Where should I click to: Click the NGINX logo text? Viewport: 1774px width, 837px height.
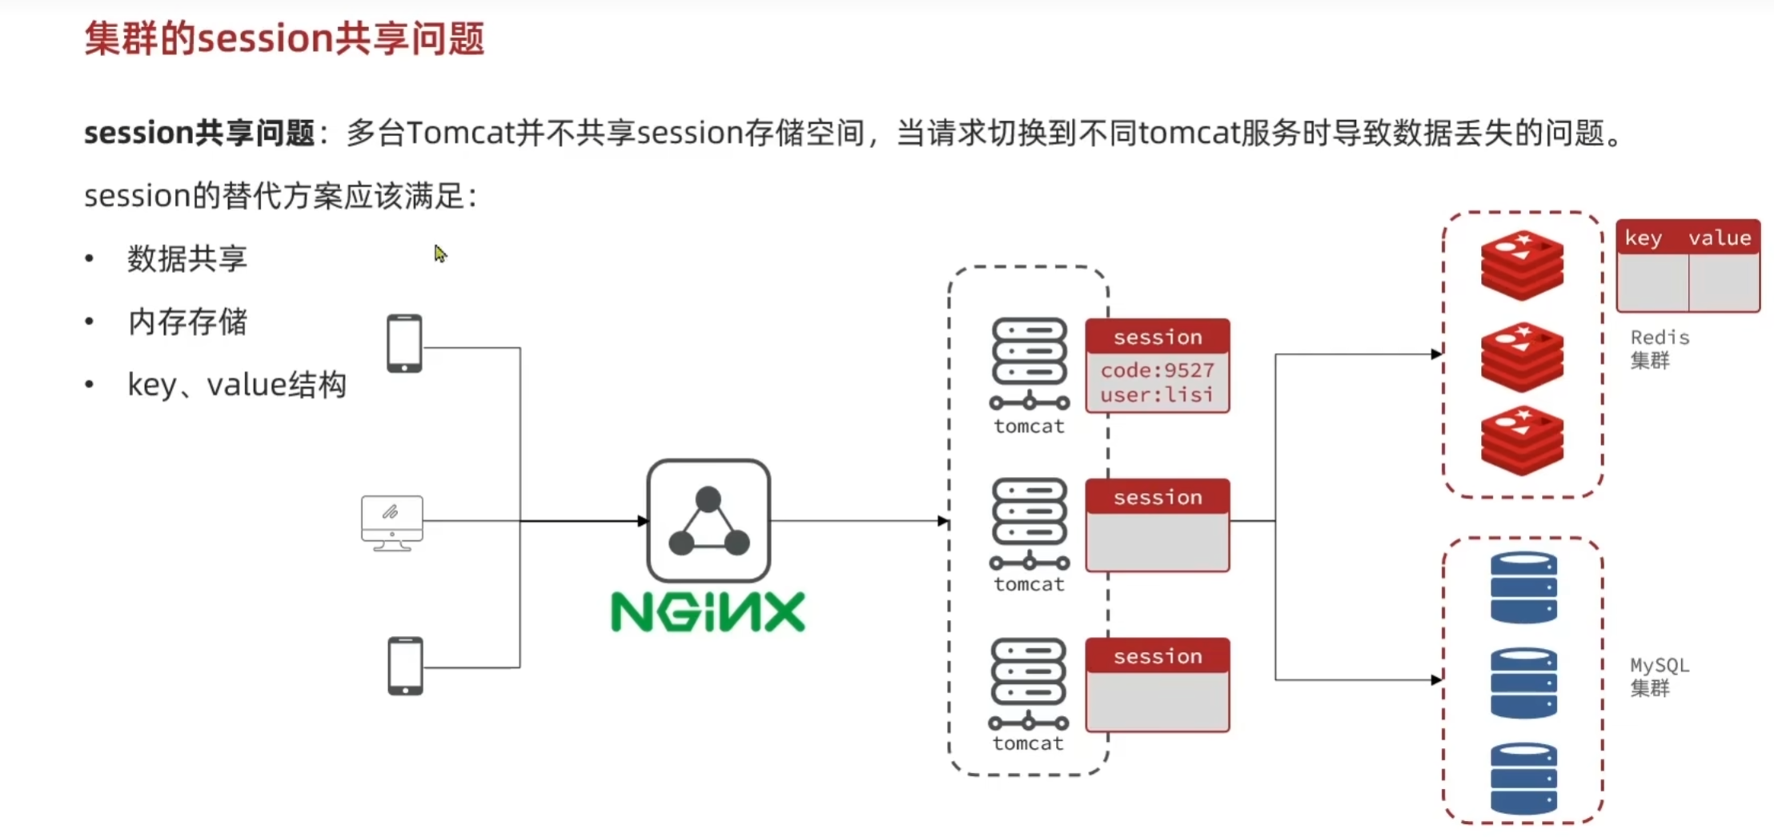[x=708, y=612]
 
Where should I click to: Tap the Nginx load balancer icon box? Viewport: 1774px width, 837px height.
[x=708, y=521]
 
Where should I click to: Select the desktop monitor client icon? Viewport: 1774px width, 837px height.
[x=391, y=523]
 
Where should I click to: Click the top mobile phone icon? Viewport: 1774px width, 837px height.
[x=404, y=343]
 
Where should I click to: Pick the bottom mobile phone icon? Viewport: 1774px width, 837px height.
[x=405, y=666]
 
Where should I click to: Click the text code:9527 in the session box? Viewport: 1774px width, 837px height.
[x=1157, y=370]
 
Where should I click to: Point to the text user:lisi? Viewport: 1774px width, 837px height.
[x=1157, y=394]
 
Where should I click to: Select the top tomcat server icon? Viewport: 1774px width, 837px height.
[x=1029, y=364]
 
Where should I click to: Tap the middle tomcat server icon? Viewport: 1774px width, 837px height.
[x=1029, y=524]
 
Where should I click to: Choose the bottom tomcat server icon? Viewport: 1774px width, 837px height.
[x=1029, y=683]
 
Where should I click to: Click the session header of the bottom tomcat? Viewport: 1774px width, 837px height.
[x=1158, y=656]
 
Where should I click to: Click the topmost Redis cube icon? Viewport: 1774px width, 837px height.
[x=1522, y=265]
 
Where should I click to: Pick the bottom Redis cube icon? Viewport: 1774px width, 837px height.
[x=1522, y=440]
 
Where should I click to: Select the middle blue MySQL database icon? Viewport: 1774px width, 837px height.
[x=1523, y=683]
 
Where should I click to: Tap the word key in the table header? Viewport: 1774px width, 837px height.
[x=1643, y=238]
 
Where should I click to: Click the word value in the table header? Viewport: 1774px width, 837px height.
[x=1720, y=238]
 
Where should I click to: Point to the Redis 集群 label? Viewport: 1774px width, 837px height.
[x=1660, y=349]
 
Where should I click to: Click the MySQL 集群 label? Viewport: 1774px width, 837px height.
[x=1660, y=677]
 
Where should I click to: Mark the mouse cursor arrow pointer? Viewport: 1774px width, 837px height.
[x=439, y=254]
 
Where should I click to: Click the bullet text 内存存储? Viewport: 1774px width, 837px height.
[x=187, y=322]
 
